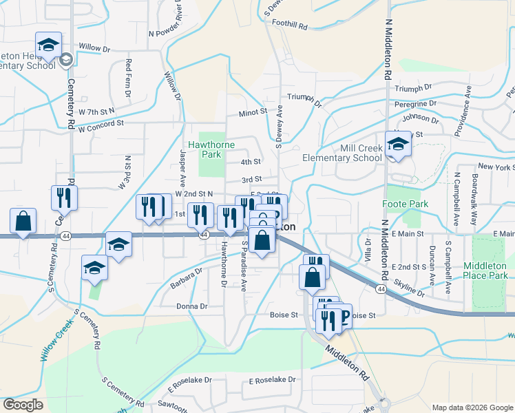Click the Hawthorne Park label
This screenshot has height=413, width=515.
tap(217, 150)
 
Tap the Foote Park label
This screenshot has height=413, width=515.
tap(406, 204)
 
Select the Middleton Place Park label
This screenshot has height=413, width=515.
tap(485, 271)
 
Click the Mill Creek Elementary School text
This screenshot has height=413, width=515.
tap(342, 153)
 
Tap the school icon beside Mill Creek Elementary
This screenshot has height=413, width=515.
tap(398, 145)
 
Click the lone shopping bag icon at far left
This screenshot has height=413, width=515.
tap(23, 222)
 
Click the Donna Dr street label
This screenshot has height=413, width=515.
tap(192, 306)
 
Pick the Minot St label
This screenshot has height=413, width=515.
tap(253, 112)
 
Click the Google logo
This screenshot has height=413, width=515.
tap(24, 405)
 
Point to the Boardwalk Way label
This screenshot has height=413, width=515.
tap(473, 189)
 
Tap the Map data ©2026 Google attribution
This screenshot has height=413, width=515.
tap(472, 407)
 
